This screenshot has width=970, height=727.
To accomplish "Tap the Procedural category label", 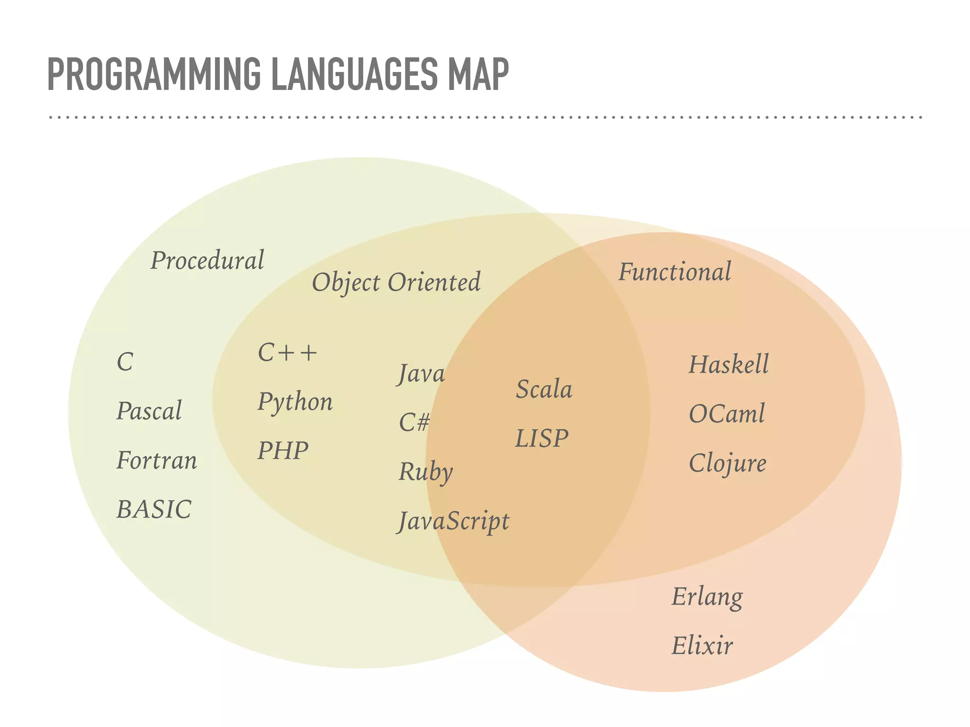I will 207,261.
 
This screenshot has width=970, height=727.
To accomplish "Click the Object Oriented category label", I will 396,283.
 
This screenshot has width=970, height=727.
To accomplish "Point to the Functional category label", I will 675,272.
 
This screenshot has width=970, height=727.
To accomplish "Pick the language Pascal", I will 149,411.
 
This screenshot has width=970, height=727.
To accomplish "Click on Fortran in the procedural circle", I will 157,461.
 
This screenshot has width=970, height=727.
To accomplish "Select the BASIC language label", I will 154,510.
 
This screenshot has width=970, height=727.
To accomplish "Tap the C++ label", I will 287,353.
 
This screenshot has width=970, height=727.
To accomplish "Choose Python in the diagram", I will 295,402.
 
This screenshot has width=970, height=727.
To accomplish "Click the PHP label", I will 283,451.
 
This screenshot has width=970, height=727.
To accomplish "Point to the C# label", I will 414,422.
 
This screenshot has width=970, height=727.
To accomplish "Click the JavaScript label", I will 453,522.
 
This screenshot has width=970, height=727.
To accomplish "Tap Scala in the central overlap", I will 544,390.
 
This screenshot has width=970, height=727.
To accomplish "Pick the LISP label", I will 541,438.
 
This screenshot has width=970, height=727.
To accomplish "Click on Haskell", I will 728,364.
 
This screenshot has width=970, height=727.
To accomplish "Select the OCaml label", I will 727,414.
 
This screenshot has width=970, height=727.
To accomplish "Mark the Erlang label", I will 707,597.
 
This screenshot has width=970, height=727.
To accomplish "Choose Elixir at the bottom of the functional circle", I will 702,646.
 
